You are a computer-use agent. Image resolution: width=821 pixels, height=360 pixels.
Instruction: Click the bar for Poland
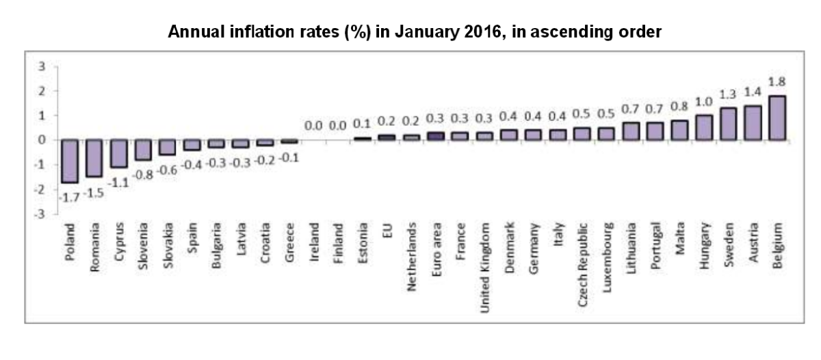70,161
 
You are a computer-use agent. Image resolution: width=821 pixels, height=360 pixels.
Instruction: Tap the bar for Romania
94,158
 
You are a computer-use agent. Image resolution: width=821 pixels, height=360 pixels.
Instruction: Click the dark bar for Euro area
435,136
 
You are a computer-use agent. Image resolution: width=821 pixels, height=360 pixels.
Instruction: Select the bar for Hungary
703,127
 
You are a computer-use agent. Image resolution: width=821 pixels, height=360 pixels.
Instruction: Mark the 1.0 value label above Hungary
703,103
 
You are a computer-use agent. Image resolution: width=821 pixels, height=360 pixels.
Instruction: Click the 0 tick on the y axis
42,140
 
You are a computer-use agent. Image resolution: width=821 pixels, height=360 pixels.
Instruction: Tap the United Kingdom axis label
486,266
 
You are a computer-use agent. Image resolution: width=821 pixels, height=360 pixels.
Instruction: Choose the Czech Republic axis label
583,262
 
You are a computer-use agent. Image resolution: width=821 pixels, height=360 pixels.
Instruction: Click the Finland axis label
339,242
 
